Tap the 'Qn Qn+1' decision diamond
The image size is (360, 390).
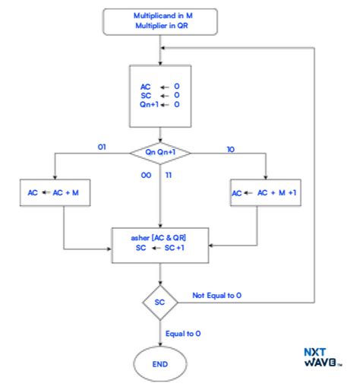coord(159,152)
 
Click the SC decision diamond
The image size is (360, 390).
coord(159,302)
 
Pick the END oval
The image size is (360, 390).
coord(159,364)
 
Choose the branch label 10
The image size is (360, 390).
coord(230,150)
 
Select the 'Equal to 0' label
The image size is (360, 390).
coord(185,333)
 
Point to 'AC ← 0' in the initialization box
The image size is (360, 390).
coord(159,87)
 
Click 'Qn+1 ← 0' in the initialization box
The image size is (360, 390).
coord(159,106)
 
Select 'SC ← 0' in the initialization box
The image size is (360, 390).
coord(159,96)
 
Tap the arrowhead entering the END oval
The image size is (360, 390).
coord(159,347)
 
